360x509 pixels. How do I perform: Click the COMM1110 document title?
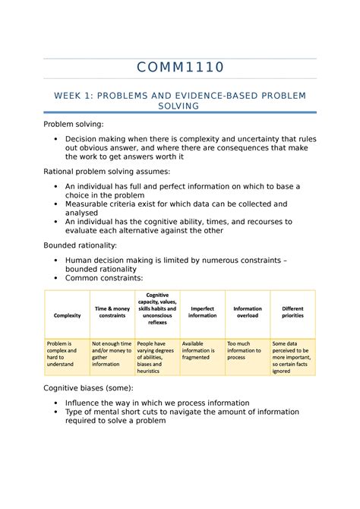tap(180, 68)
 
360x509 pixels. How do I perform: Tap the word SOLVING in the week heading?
tap(180, 106)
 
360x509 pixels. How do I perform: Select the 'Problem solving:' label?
tap(73, 124)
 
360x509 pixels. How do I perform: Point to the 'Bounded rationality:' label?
tap(80, 245)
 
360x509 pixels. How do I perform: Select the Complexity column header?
tap(67, 315)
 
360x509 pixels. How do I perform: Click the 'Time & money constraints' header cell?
tap(112, 311)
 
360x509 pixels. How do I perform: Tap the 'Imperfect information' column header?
tap(201, 311)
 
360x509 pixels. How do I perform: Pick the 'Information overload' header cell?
tap(247, 311)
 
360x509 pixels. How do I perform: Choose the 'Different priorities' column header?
tap(292, 311)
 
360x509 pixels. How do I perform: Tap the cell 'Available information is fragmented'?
tap(201, 349)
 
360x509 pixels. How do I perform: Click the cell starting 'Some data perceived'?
tap(292, 356)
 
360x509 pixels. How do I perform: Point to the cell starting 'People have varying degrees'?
tap(156, 356)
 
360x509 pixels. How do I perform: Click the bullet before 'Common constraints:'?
tap(56, 279)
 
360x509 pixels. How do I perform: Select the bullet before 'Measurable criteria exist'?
tap(56, 204)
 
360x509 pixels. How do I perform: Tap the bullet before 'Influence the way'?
tap(56, 403)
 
